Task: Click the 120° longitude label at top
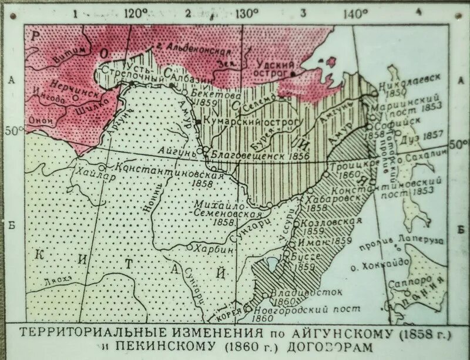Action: (136, 13)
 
